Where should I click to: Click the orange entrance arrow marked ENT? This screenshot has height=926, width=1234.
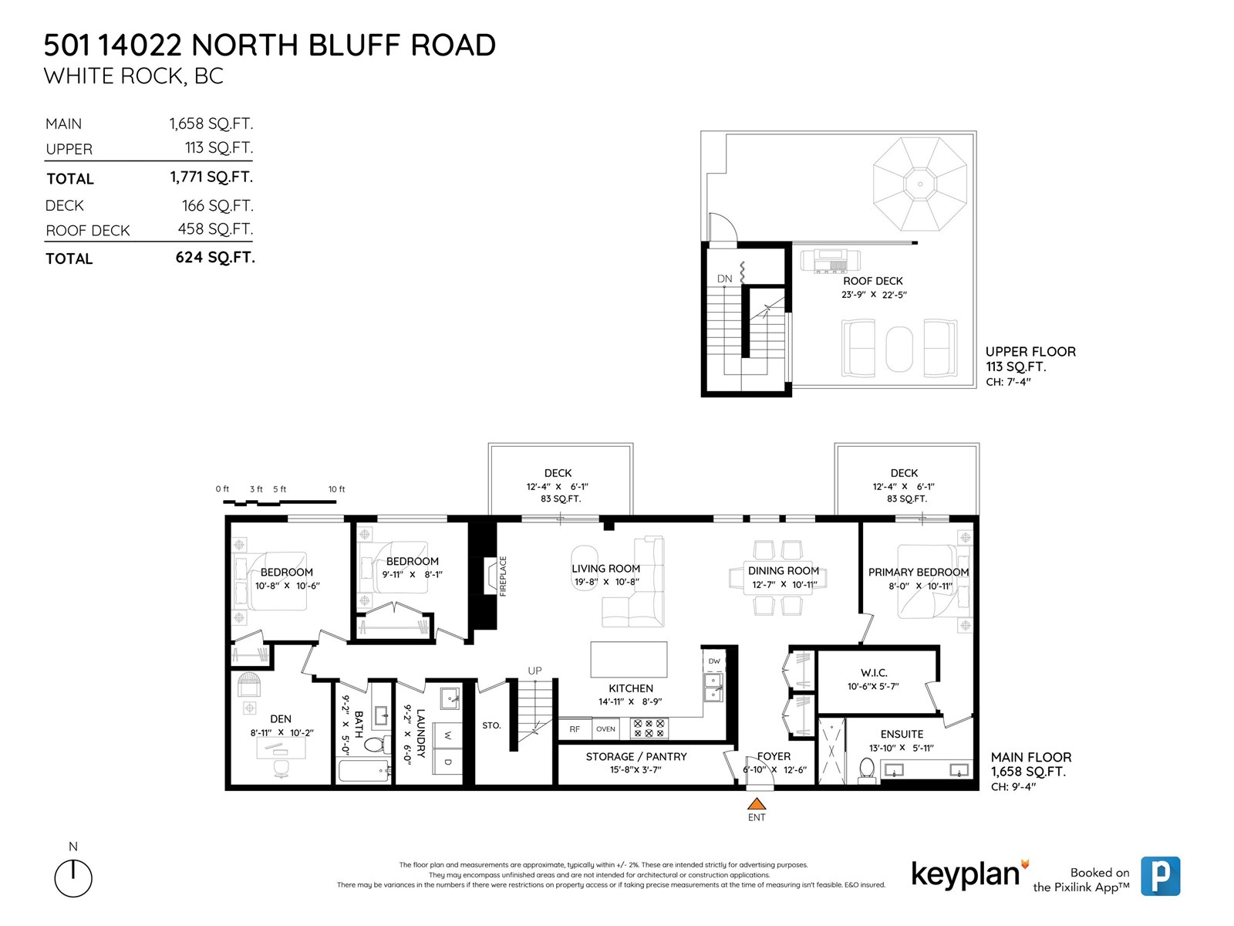pyautogui.click(x=757, y=803)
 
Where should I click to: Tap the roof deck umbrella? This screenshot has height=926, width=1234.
pyautogui.click(x=919, y=184)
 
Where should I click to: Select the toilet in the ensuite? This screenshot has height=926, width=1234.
pyautogui.click(x=867, y=769)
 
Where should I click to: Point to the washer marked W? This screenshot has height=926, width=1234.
pyautogui.click(x=447, y=735)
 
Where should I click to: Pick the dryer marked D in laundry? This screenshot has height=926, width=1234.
pyautogui.click(x=447, y=762)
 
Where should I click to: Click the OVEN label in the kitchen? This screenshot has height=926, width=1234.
pyautogui.click(x=605, y=729)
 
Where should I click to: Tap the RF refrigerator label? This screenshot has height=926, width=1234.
pyautogui.click(x=575, y=729)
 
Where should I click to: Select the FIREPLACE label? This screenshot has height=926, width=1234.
pyautogui.click(x=503, y=576)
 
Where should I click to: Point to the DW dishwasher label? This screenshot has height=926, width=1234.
pyautogui.click(x=714, y=661)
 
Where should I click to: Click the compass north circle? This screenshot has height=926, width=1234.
pyautogui.click(x=73, y=878)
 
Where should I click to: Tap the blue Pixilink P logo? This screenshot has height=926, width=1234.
pyautogui.click(x=1160, y=876)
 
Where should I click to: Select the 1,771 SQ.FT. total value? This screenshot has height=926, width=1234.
pyautogui.click(x=211, y=177)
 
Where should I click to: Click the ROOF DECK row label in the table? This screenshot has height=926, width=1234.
pyautogui.click(x=88, y=231)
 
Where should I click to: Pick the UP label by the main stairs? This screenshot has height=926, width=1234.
pyautogui.click(x=534, y=671)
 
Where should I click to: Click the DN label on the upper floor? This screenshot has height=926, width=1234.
pyautogui.click(x=724, y=279)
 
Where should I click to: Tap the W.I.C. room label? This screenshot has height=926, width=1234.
pyautogui.click(x=874, y=673)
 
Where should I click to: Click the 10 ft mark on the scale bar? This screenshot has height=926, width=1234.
pyautogui.click(x=336, y=489)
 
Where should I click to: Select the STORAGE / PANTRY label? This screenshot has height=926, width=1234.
pyautogui.click(x=636, y=757)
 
